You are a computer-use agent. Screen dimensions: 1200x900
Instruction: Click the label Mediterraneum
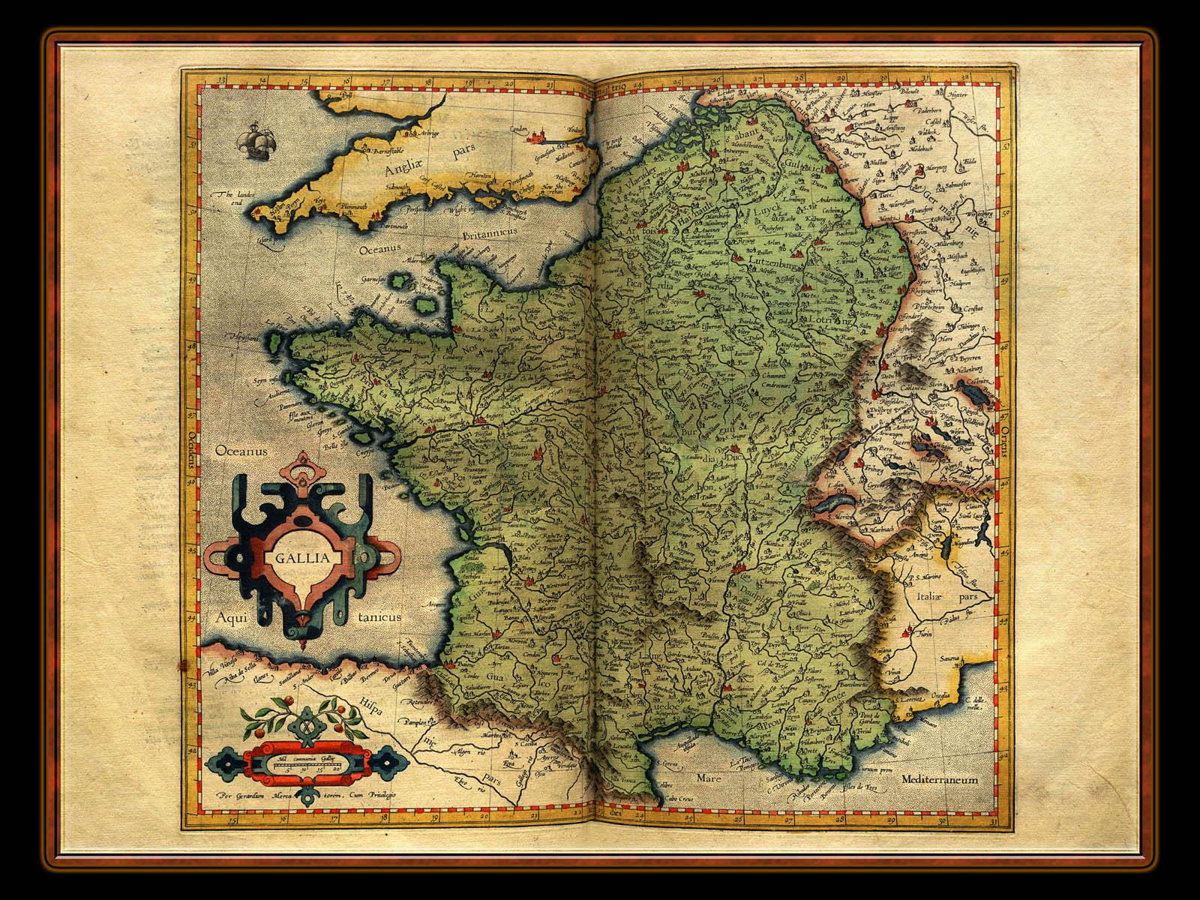click(940, 780)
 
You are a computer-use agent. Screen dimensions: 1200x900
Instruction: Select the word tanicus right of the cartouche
click(379, 616)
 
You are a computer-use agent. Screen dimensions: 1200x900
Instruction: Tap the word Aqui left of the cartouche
click(232, 616)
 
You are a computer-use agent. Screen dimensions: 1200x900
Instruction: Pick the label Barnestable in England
click(383, 150)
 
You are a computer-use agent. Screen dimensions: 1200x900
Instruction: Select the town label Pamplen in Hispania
click(416, 722)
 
